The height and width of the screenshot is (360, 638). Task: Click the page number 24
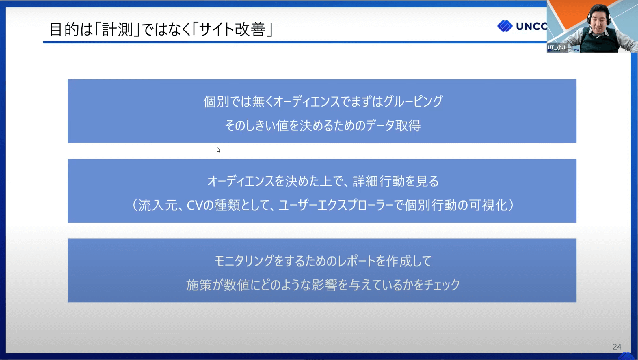coord(617,346)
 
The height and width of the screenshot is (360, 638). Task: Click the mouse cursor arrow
coord(218,150)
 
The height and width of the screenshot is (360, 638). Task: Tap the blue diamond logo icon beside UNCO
coord(505,26)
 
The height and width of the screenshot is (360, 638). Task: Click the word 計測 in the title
coord(117,29)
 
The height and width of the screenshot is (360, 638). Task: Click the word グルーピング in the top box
coord(413,101)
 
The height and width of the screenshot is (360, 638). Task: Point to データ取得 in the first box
coord(393,126)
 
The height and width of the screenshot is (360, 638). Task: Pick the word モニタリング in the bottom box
coord(244,261)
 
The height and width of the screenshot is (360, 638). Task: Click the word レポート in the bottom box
coord(356,261)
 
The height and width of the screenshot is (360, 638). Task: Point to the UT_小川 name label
coord(557,47)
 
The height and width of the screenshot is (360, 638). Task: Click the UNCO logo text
coord(531,26)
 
